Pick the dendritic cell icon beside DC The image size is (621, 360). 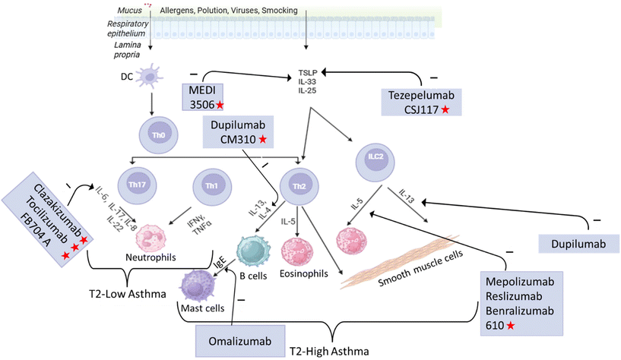click(151, 78)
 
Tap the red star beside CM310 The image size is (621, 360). click(263, 140)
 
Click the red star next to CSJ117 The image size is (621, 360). click(445, 111)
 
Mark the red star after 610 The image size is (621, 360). click(511, 327)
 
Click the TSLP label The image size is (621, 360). click(307, 73)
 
